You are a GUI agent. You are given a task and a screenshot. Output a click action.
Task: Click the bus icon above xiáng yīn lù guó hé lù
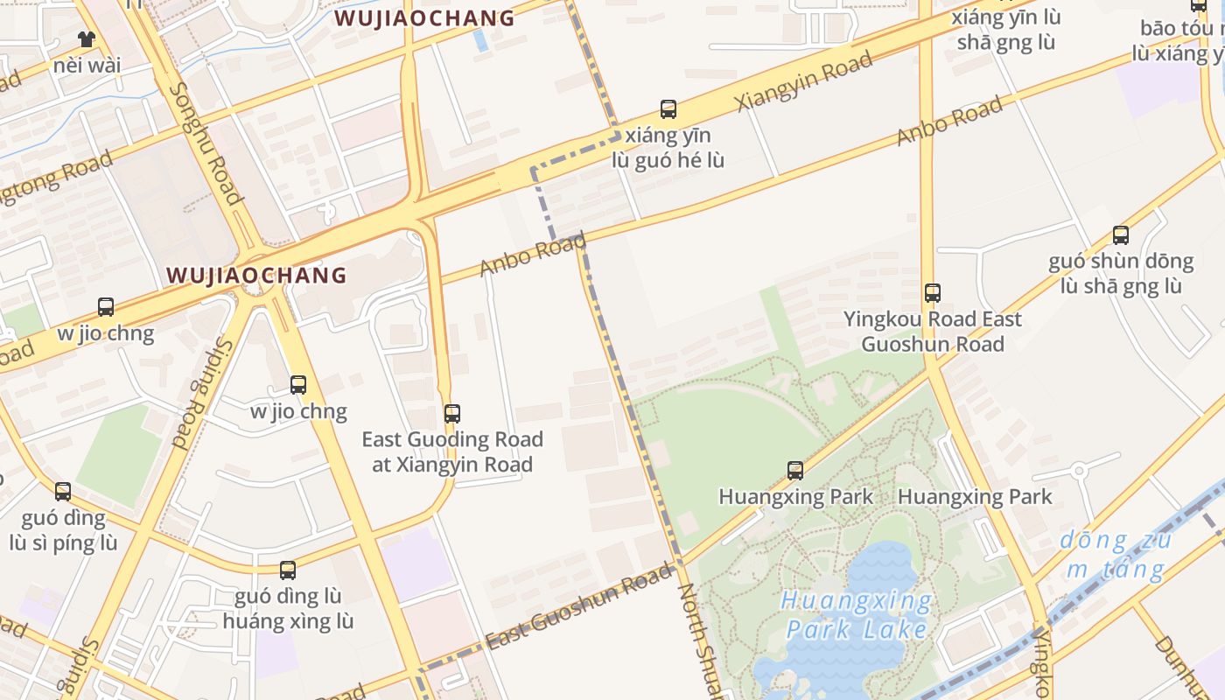(668, 109)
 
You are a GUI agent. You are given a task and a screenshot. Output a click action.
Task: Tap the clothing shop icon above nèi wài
(87, 38)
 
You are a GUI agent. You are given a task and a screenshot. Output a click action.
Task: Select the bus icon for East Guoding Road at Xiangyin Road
(452, 413)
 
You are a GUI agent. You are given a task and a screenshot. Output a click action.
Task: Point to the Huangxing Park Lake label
(857, 615)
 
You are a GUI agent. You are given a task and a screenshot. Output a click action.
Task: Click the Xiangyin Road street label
(804, 80)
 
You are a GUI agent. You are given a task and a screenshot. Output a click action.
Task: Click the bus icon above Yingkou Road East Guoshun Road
(933, 293)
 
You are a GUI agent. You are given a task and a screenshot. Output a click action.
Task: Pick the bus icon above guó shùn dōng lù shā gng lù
(1121, 234)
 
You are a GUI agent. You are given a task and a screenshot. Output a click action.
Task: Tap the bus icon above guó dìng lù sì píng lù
(63, 492)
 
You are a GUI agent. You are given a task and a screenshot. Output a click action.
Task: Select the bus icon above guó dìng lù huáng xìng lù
(288, 570)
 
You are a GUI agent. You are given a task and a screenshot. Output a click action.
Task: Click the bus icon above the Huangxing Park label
(795, 471)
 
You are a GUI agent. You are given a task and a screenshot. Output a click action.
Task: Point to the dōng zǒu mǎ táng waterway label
(1116, 555)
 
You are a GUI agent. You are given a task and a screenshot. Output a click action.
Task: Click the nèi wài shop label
(87, 65)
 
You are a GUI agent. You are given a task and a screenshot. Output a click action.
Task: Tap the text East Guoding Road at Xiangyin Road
(452, 451)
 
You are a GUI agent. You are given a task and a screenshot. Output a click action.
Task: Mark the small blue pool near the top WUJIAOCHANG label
(479, 39)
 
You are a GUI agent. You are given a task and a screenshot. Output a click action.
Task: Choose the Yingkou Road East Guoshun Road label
(933, 331)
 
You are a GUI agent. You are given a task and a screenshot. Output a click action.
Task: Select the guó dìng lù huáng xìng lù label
(288, 609)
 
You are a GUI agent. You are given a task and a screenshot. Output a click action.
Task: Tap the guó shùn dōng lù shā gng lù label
(1121, 273)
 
